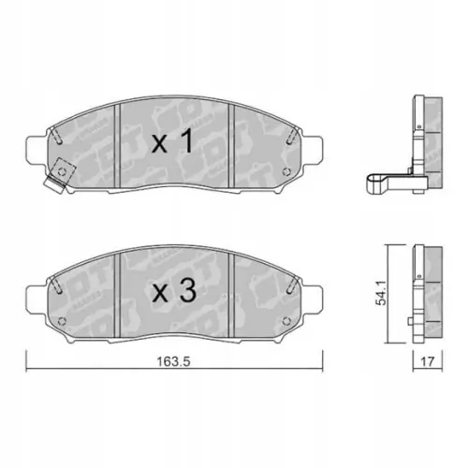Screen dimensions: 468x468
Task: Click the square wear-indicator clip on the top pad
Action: click(63, 174)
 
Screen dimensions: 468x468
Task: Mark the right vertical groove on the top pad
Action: click(231, 140)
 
